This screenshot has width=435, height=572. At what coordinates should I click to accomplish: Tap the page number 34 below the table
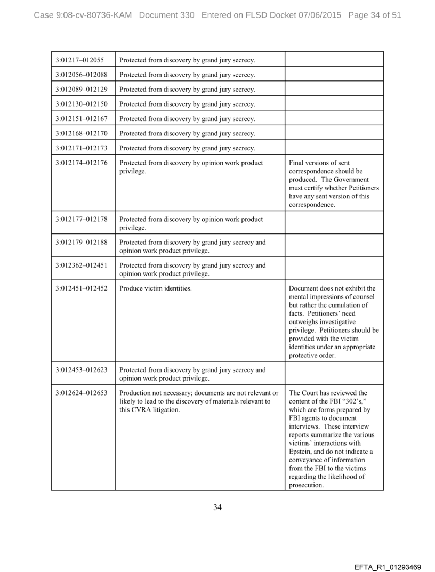[x=217, y=507]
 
